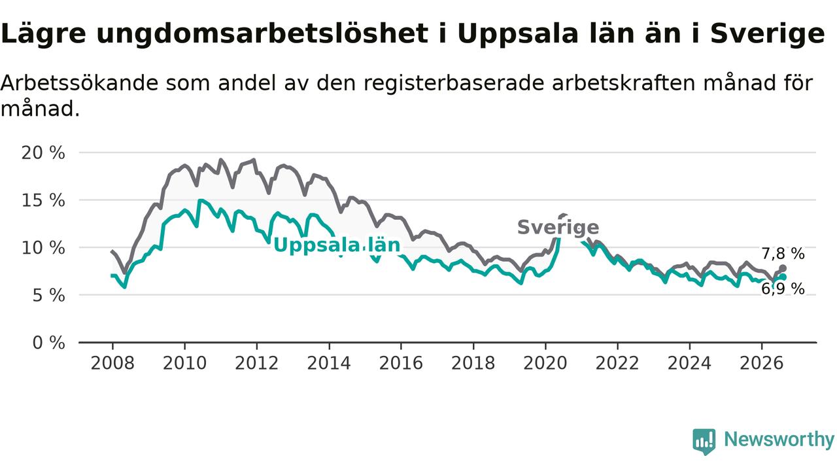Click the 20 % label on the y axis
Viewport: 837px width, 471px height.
click(43, 153)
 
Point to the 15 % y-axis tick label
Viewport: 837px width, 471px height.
click(43, 200)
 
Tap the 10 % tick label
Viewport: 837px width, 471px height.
click(43, 248)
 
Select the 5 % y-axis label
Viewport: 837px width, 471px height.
click(48, 296)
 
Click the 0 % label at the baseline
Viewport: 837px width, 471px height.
click(48, 343)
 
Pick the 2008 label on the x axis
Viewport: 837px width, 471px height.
click(112, 363)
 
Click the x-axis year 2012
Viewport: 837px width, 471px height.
click(257, 363)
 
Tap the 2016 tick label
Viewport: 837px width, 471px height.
click(401, 363)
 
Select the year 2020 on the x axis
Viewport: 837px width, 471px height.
click(545, 363)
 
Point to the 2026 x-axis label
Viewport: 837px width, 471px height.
click(762, 363)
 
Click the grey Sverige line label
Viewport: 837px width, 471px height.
click(558, 227)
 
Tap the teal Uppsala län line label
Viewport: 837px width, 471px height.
click(337, 245)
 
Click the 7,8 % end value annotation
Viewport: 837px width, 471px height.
click(783, 254)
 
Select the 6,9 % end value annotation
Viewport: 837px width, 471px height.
click(783, 288)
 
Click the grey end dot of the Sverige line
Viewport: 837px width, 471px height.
click(783, 268)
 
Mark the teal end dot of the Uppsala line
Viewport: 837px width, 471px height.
click(783, 277)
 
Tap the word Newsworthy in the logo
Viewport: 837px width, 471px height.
click(779, 439)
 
